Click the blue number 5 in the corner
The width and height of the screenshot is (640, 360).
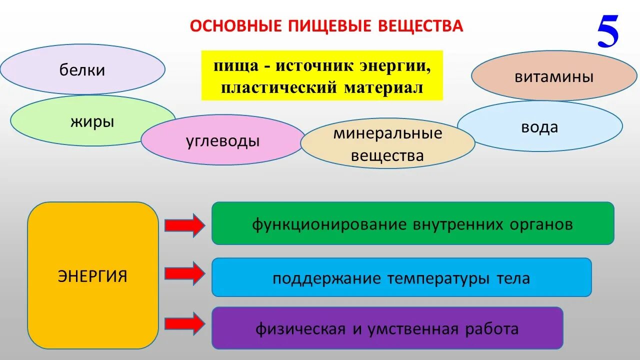point(608,32)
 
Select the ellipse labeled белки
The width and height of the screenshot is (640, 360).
point(82,70)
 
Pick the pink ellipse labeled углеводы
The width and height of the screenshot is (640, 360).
point(222,140)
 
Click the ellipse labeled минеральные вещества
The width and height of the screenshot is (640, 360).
point(387,144)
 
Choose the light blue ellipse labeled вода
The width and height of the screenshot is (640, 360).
point(539,126)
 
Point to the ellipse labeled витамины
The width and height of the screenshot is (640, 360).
point(554,76)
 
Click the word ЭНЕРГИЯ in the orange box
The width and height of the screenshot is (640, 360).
point(92,276)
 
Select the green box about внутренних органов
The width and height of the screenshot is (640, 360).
point(412,223)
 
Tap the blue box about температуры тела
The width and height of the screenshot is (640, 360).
point(401,277)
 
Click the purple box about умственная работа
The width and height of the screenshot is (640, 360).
point(387,328)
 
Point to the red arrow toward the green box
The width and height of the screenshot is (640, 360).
point(184,224)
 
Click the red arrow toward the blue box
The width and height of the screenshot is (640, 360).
point(184,273)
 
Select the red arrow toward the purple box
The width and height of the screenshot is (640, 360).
point(184,323)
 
